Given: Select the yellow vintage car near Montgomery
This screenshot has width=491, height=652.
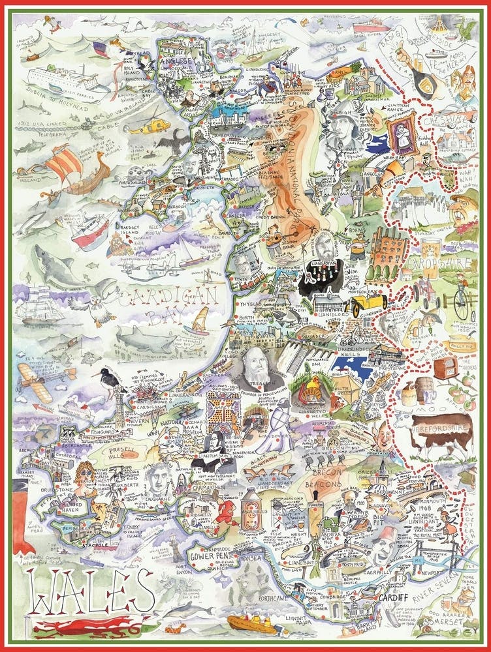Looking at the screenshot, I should tap(370, 303).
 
